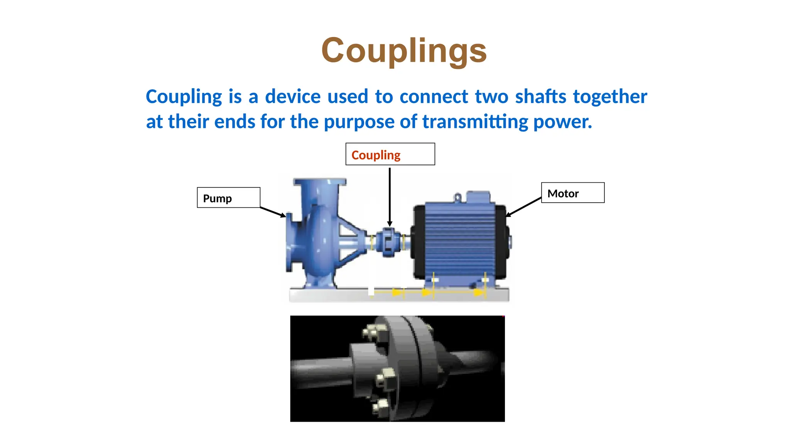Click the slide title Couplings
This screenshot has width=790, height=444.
click(404, 50)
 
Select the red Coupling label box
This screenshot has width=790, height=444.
click(390, 154)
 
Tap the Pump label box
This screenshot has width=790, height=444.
click(228, 198)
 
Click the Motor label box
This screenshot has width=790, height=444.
click(572, 193)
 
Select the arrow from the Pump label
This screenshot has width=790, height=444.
click(273, 212)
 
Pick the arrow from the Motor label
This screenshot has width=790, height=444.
click(523, 207)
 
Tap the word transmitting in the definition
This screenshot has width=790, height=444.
click(475, 122)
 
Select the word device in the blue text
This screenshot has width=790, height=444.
click(293, 96)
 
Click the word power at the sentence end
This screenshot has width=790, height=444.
click(562, 122)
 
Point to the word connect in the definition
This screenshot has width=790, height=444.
click(434, 96)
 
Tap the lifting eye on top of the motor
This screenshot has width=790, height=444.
click(457, 197)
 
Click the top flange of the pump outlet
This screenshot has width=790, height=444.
click(320, 182)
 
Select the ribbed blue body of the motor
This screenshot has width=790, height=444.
click(459, 239)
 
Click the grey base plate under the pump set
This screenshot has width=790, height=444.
click(399, 296)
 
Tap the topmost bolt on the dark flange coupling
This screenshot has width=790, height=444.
click(372, 332)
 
